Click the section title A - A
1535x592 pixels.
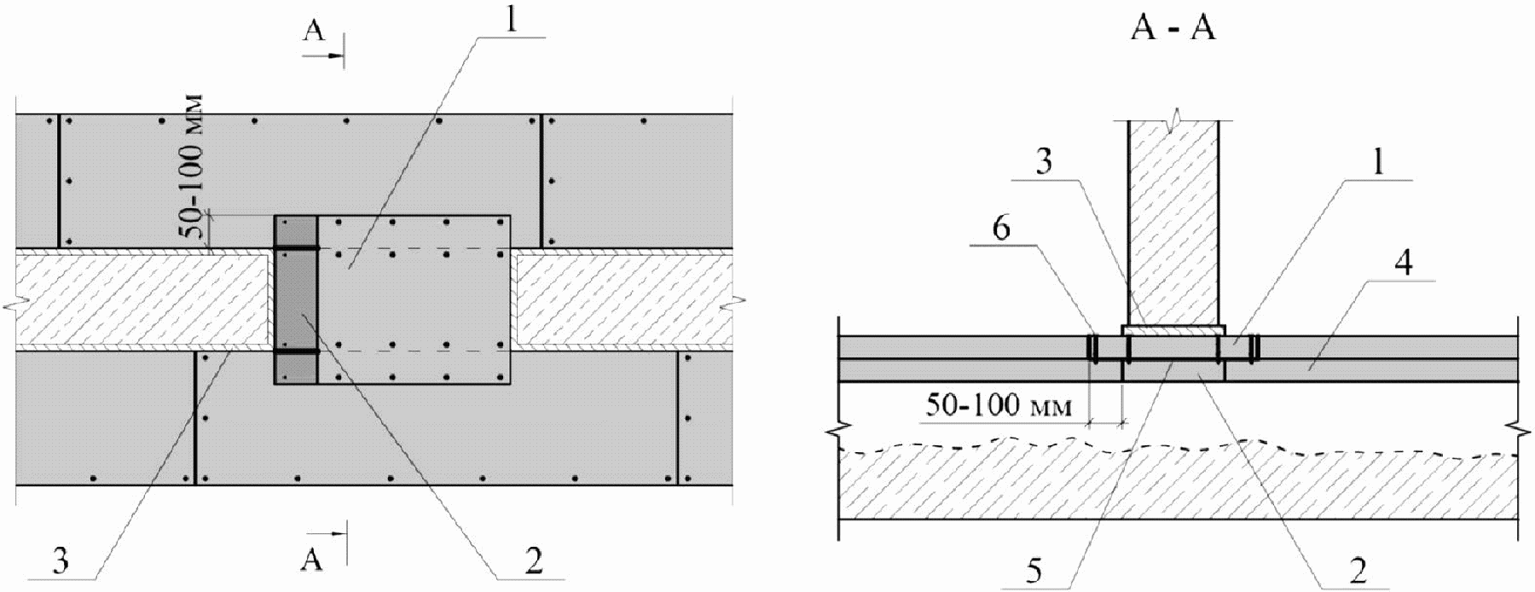tap(1173, 28)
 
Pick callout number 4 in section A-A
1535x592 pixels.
tap(1402, 262)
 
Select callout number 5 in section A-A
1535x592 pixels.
tap(1034, 570)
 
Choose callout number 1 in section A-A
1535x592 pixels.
tap(1380, 163)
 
